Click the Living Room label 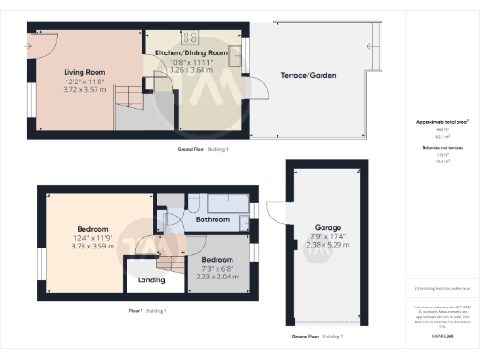click(82, 72)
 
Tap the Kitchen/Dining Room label click(191, 53)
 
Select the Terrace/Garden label click(309, 75)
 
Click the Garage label click(327, 228)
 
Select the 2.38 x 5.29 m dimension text click(328, 245)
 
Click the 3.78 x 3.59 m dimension click(93, 247)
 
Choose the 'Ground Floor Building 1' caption click(202, 149)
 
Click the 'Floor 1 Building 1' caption click(146, 310)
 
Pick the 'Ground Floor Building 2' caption click(317, 336)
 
